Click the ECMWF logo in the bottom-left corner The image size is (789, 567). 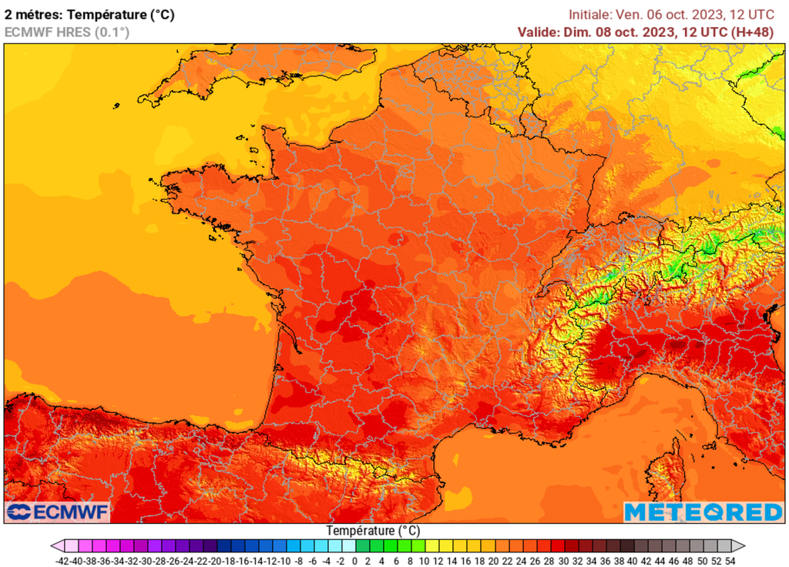pyautogui.click(x=58, y=512)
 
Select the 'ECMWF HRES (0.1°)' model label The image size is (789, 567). pyautogui.click(x=67, y=32)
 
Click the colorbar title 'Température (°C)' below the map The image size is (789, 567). pyautogui.click(x=373, y=531)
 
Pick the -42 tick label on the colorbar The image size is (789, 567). pyautogui.click(x=64, y=561)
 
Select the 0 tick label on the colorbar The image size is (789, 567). pyautogui.click(x=354, y=561)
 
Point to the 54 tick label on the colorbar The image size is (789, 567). pyautogui.click(x=730, y=561)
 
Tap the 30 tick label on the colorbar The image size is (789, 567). pyautogui.click(x=563, y=561)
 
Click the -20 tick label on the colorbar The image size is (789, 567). pyautogui.click(x=217, y=561)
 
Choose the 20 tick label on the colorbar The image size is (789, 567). pyautogui.click(x=494, y=561)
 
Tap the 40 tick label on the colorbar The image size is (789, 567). pyautogui.click(x=633, y=561)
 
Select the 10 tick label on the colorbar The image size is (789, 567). pyautogui.click(x=425, y=561)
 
